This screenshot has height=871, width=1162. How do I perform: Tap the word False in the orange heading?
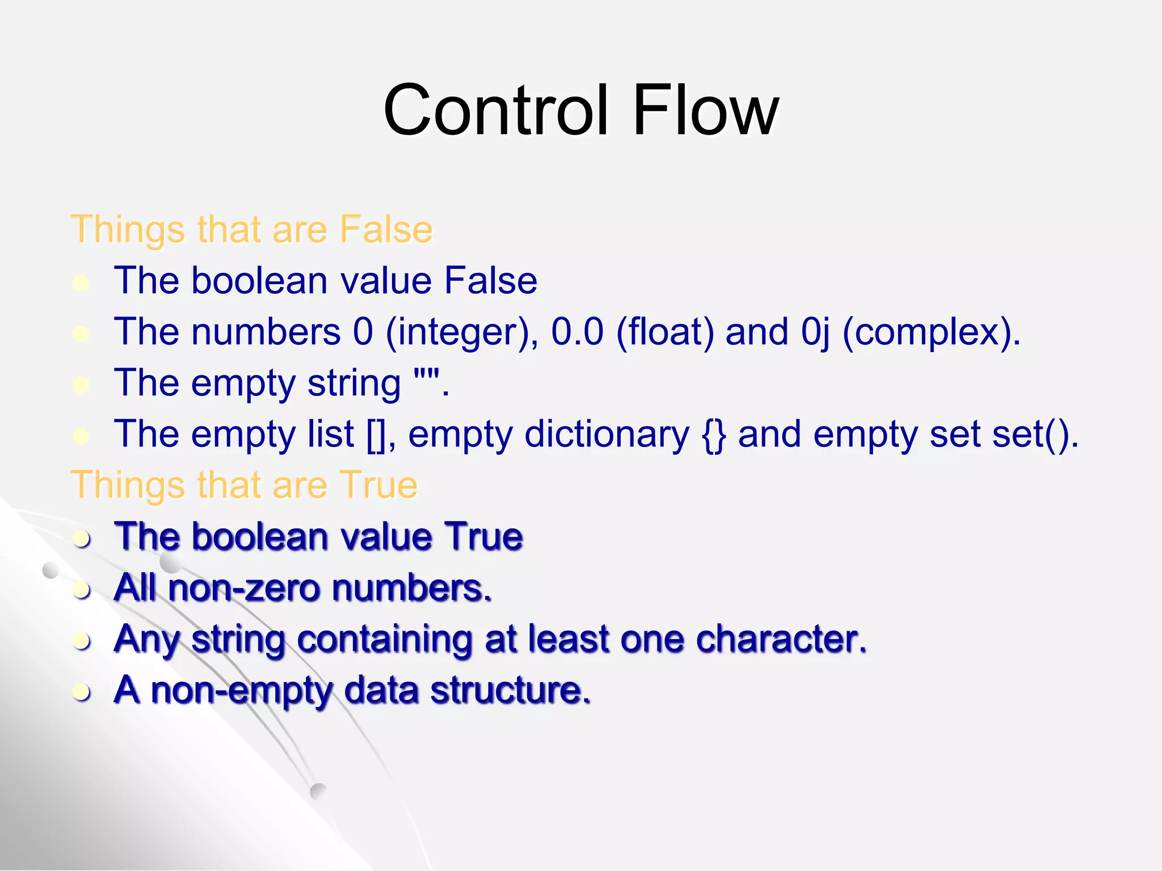[386, 230]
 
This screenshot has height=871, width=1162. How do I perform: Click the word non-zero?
[245, 588]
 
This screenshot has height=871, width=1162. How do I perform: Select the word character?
[781, 639]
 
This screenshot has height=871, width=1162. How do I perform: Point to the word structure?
[510, 691]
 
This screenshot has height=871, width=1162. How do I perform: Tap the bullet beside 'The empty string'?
[81, 385]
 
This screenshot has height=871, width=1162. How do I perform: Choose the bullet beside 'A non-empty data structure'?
[82, 692]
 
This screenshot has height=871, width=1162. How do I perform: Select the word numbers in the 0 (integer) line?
[266, 332]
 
